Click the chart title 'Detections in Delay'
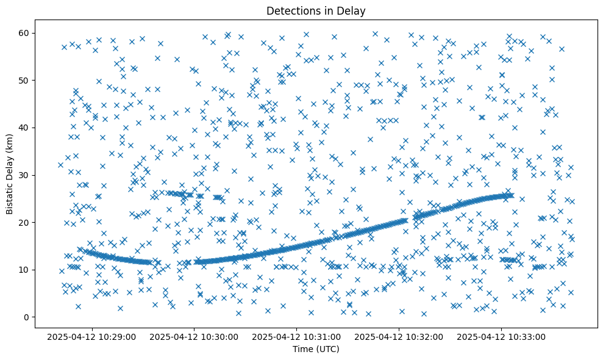[316, 11]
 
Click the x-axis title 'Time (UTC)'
[316, 350]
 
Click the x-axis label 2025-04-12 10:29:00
[91, 337]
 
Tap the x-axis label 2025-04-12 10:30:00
[194, 337]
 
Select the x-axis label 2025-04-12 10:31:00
[296, 337]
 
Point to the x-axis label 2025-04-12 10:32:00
[399, 337]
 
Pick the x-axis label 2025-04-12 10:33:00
[501, 337]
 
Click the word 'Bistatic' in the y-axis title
[10, 196]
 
